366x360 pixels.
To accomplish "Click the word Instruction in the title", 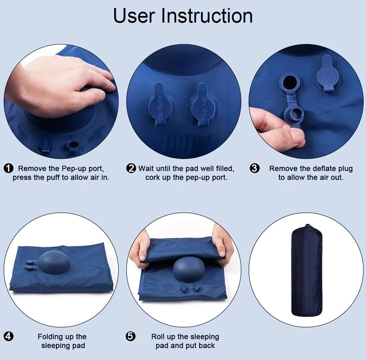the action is coord(207,16).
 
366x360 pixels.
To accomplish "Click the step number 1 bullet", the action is coord(8,168).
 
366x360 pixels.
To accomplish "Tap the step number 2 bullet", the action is coord(131,168).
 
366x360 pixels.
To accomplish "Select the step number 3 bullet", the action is coord(255,168).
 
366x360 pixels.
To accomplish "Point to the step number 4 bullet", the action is coord(8,337).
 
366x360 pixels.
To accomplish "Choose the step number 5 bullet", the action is coord(130,337).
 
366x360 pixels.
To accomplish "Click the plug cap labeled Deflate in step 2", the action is coord(160,103).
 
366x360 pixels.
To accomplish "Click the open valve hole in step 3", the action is coord(290,82).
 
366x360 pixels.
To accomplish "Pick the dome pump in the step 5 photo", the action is coord(188,269).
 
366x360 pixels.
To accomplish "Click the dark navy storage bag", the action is coord(307,271).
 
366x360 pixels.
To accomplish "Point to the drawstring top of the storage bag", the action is coord(308,227).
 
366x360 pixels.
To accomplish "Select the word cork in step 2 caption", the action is coord(153,178).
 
